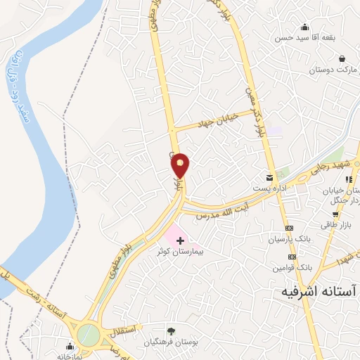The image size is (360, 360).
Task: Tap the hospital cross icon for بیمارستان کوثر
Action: [181, 240]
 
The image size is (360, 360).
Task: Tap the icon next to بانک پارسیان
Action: [289, 229]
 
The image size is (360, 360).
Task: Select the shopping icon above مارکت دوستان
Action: [342, 58]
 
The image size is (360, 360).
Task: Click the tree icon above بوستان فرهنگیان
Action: [171, 330]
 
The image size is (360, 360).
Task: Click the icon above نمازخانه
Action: [69, 346]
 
